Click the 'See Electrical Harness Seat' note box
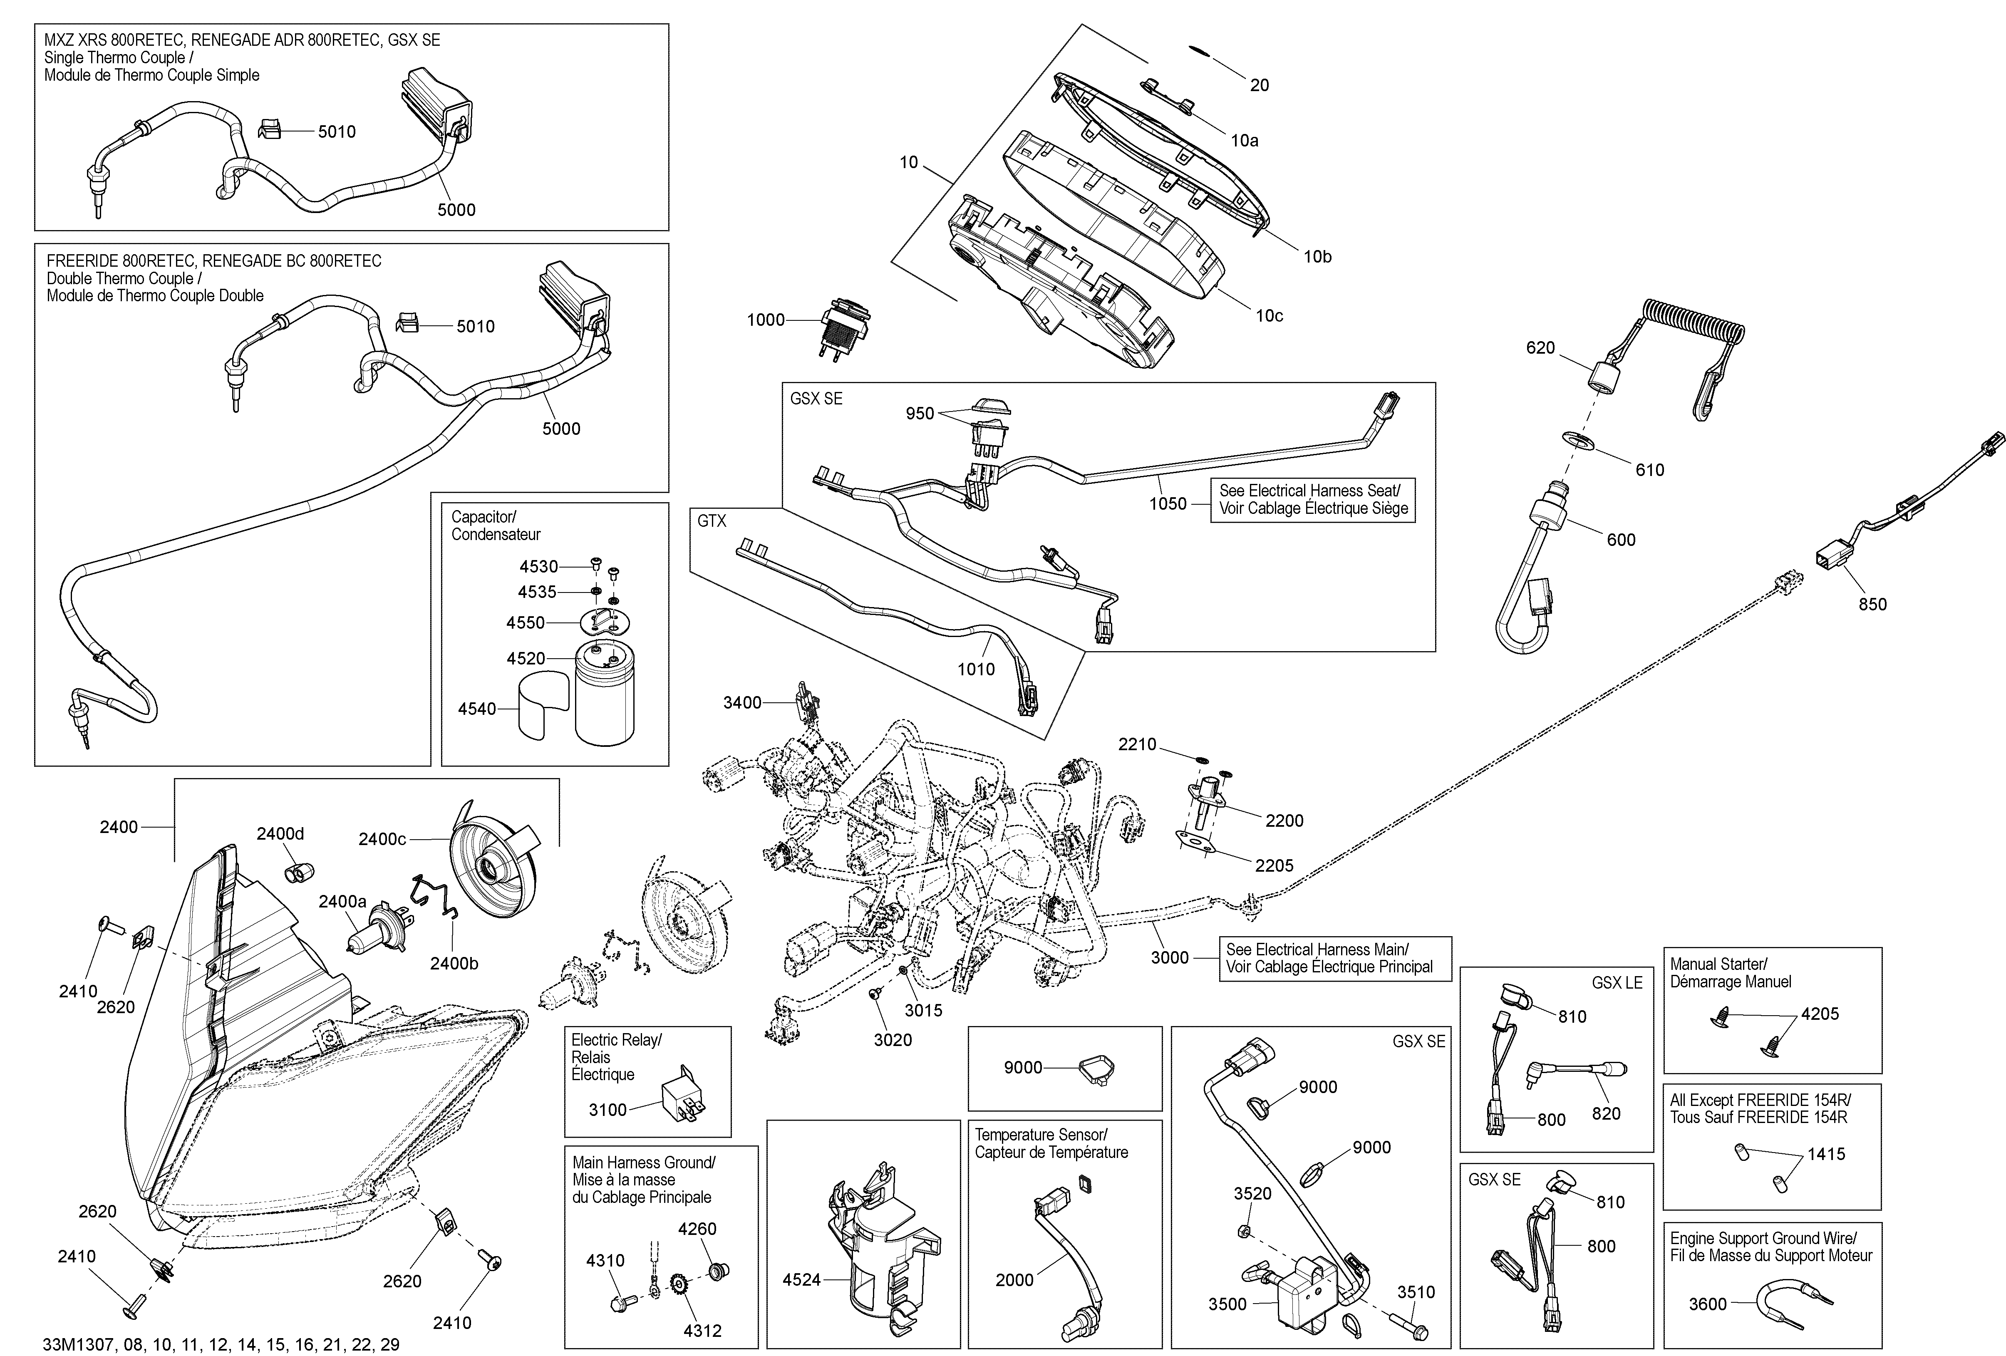coord(1313,500)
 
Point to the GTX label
coord(712,521)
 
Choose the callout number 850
coord(1872,604)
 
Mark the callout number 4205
coord(1820,1014)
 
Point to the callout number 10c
coord(1269,316)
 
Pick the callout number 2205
coord(1274,866)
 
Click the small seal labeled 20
coord(1199,51)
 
